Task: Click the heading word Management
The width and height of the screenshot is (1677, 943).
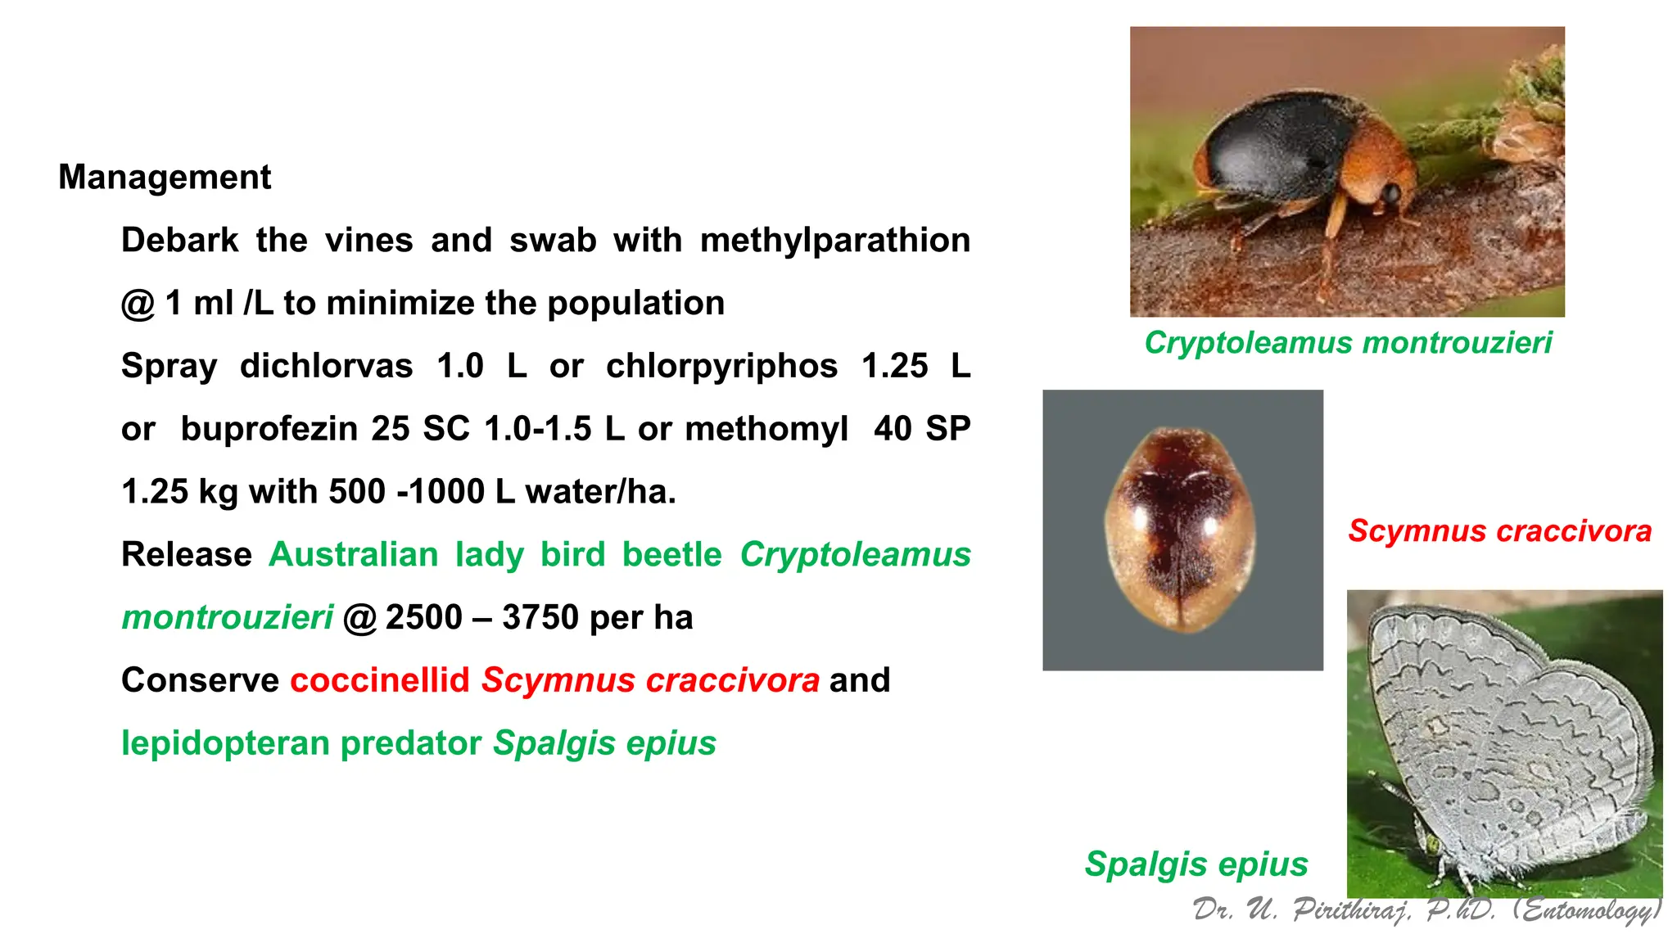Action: [x=164, y=178]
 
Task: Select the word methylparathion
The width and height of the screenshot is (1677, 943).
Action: [x=834, y=241]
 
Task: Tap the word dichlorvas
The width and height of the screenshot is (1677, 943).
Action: [x=326, y=366]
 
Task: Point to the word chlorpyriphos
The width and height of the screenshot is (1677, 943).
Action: [x=721, y=366]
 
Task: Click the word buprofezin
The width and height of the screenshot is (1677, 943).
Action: [x=267, y=429]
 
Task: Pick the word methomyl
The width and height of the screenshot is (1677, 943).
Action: [x=766, y=429]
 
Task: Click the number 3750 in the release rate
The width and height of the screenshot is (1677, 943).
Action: [x=540, y=617]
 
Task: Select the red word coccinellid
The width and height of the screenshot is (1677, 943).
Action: [x=380, y=680]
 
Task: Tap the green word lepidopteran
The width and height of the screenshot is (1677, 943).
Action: [x=225, y=743]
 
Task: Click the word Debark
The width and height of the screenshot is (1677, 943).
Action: [x=179, y=241]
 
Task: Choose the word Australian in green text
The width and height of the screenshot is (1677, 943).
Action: [x=353, y=555]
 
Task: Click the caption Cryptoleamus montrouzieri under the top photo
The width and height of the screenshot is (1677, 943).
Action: [x=1348, y=342]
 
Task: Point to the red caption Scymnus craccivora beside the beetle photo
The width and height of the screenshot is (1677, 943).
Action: [x=1499, y=531]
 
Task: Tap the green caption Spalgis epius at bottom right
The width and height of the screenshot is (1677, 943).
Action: [x=1196, y=864]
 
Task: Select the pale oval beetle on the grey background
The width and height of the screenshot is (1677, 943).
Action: [x=1180, y=529]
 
